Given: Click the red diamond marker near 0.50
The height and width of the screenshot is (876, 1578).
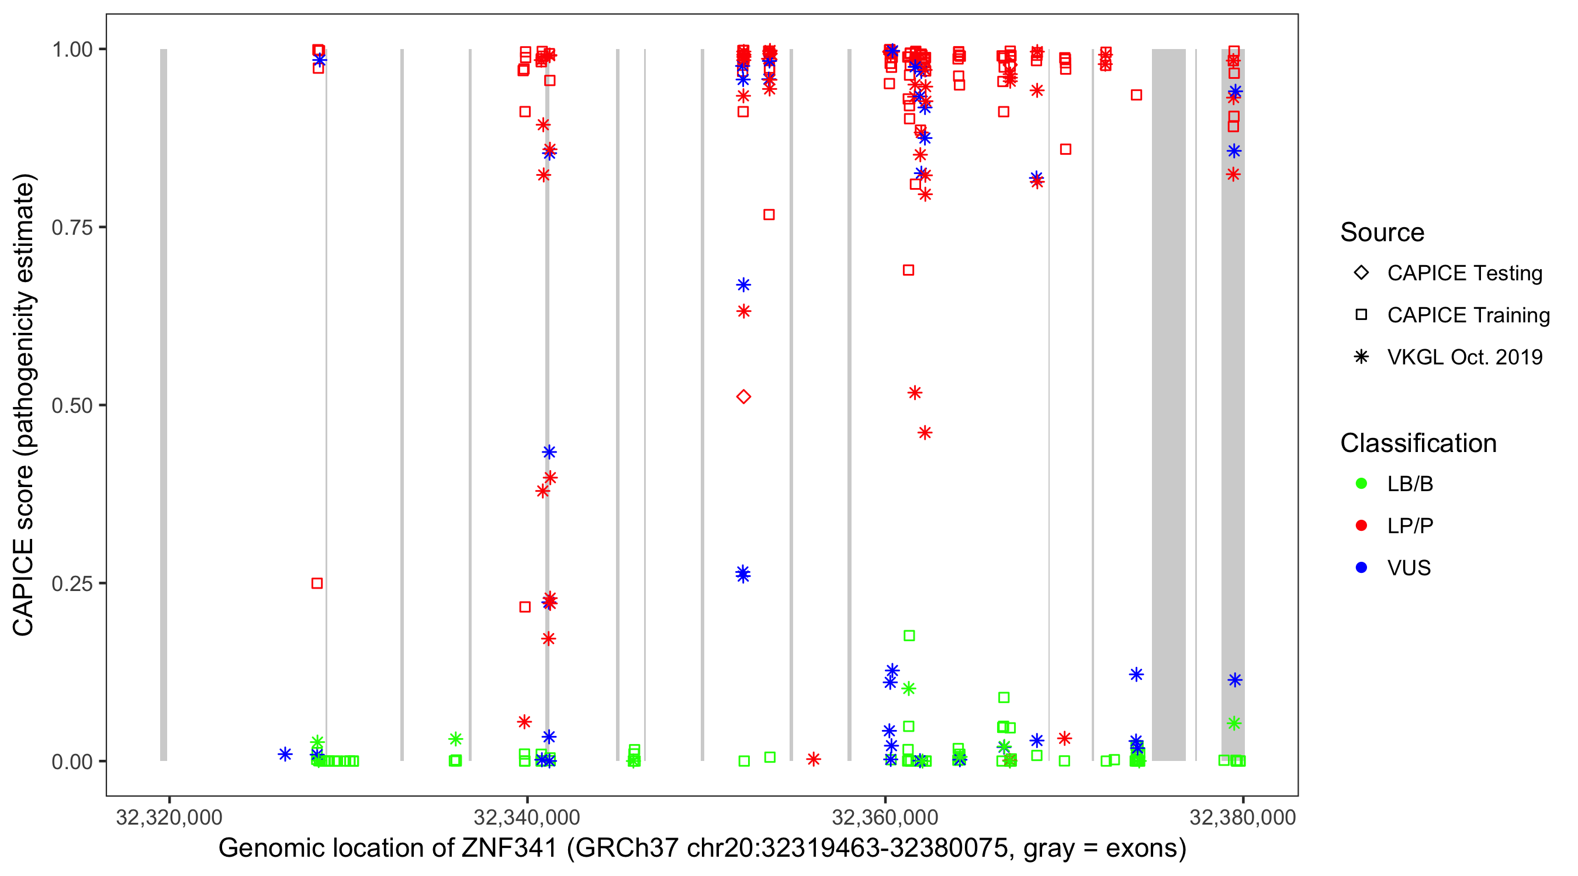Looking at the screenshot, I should click(743, 397).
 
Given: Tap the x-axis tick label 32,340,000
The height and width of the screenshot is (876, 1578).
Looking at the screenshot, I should click(526, 817).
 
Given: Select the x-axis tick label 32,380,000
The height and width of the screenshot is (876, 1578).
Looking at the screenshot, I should click(1243, 817).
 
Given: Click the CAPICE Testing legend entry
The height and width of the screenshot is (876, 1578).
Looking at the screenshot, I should click(1464, 273).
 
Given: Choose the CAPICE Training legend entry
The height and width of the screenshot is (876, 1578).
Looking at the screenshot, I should click(1468, 315).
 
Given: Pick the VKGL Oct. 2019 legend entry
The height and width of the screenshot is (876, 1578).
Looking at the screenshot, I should click(1464, 357).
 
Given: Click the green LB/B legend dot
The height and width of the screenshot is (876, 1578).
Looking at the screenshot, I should click(1361, 484).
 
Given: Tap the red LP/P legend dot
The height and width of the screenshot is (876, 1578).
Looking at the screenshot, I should click(1361, 526).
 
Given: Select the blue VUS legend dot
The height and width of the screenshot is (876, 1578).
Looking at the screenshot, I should click(1361, 568).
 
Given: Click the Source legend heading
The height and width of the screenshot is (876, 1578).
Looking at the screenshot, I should click(1382, 232).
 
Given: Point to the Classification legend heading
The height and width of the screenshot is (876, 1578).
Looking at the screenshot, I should click(1418, 443).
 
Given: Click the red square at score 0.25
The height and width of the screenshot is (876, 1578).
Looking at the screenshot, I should click(317, 583).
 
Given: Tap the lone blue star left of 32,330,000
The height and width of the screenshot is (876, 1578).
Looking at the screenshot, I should click(285, 754).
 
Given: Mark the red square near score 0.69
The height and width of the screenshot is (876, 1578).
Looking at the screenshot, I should click(908, 270).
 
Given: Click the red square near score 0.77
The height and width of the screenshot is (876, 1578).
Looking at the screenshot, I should click(769, 215).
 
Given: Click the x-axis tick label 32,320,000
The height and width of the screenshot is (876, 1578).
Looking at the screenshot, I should click(169, 817).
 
